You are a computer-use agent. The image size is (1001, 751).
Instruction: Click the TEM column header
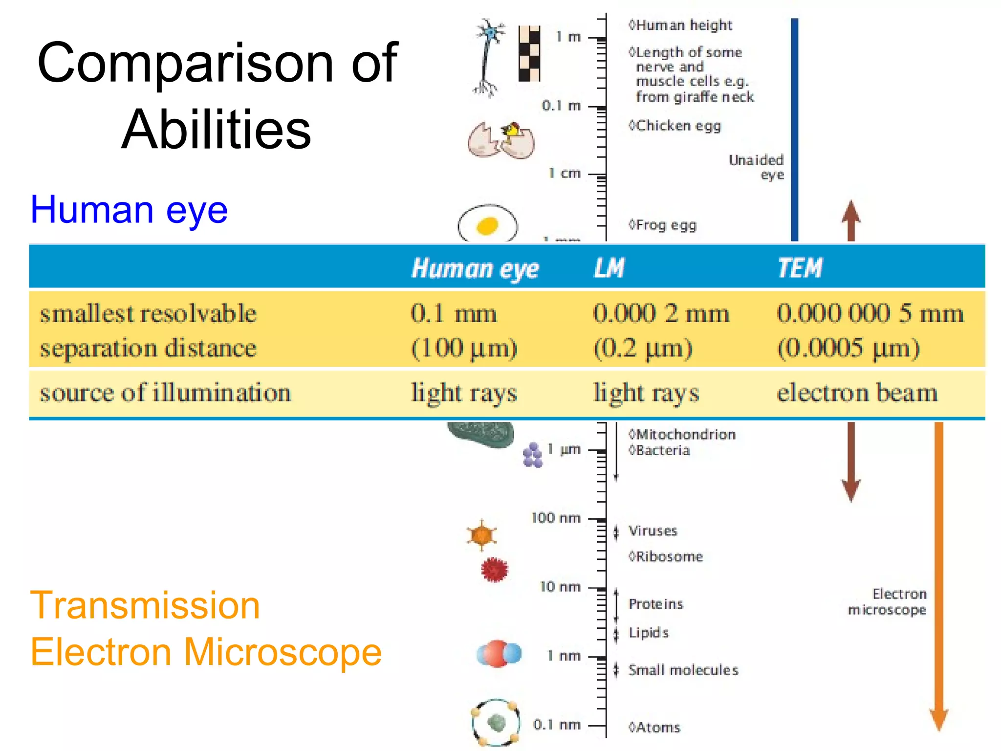pyautogui.click(x=800, y=268)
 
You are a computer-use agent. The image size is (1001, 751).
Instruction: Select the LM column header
pyautogui.click(x=609, y=268)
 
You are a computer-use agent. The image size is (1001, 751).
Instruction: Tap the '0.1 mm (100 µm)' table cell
pyautogui.click(x=463, y=331)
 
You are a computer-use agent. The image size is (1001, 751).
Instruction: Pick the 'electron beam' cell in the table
pyautogui.click(x=857, y=393)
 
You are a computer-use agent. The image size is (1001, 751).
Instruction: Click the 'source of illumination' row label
pyautogui.click(x=165, y=393)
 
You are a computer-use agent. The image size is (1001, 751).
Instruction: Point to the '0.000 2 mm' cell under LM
pyautogui.click(x=661, y=313)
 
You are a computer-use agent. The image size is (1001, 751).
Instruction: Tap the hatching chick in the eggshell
pyautogui.click(x=512, y=131)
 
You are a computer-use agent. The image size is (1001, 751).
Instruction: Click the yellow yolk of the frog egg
pyautogui.click(x=487, y=226)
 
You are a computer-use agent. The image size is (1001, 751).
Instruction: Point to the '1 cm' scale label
pyautogui.click(x=564, y=174)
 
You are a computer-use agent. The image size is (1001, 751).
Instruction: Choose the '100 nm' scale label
pyautogui.click(x=556, y=518)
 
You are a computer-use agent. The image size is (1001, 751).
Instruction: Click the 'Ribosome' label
pyautogui.click(x=669, y=556)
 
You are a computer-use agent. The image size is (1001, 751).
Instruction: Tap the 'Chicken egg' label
pyautogui.click(x=678, y=126)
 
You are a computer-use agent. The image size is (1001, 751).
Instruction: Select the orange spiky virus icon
pyautogui.click(x=481, y=535)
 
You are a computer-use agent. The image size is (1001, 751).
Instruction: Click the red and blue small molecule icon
pyautogui.click(x=499, y=654)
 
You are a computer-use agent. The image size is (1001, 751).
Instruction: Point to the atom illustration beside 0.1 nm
pyautogui.click(x=496, y=723)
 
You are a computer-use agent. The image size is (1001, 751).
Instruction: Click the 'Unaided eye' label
pyautogui.click(x=756, y=167)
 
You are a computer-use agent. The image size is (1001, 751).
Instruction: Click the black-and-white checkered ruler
pyautogui.click(x=529, y=53)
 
